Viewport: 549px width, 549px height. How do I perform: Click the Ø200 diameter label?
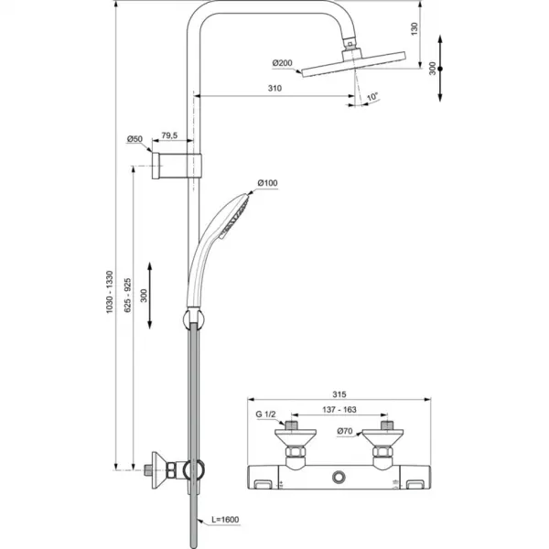click(281, 62)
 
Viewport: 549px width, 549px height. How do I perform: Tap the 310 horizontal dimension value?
click(274, 89)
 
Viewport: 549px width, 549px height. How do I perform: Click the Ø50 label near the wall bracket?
click(135, 139)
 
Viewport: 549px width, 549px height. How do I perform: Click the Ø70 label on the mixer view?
click(346, 431)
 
